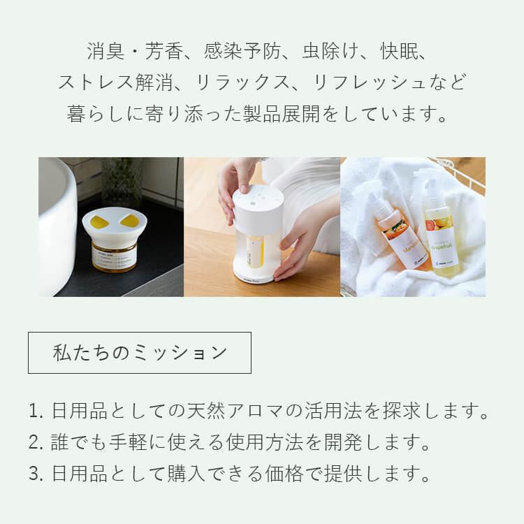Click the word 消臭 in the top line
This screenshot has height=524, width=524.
coord(103,52)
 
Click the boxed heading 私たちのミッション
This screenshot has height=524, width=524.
coord(140,352)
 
